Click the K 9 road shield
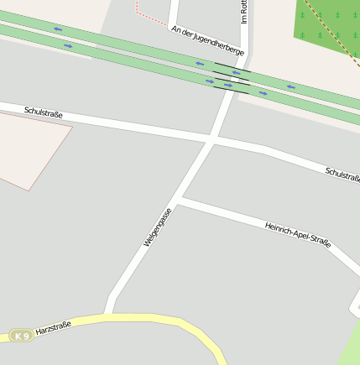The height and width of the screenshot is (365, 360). click(x=21, y=336)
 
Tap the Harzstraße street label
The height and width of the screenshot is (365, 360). click(x=54, y=328)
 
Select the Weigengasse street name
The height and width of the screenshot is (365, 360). click(x=158, y=227)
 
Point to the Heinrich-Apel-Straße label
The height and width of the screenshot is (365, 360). click(x=298, y=234)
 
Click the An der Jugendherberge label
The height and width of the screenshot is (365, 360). click(x=207, y=40)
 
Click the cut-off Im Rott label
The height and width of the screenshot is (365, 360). click(x=243, y=11)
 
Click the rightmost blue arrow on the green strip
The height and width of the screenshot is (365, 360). click(x=290, y=86)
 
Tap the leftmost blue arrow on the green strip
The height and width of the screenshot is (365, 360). click(x=58, y=29)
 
